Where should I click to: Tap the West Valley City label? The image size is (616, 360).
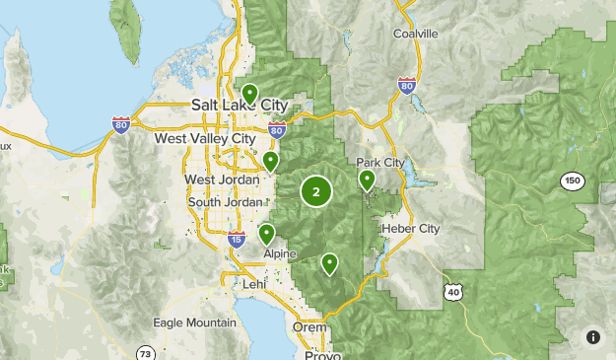204,139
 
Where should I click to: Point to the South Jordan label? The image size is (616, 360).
225,202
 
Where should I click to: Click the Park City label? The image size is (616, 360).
380,163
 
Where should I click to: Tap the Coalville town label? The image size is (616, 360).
414,33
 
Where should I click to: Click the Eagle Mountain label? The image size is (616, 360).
195,323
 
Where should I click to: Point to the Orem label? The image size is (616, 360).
309,326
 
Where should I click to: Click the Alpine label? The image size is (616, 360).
279,253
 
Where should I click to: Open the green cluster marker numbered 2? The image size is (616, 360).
315,191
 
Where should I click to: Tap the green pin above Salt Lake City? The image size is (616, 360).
250,95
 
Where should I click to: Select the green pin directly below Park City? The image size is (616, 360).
367,180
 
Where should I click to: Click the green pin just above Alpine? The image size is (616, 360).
266,234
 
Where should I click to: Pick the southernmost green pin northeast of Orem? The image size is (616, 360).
329,263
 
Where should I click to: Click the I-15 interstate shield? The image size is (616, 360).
236,239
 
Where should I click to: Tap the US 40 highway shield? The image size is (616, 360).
452,291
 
